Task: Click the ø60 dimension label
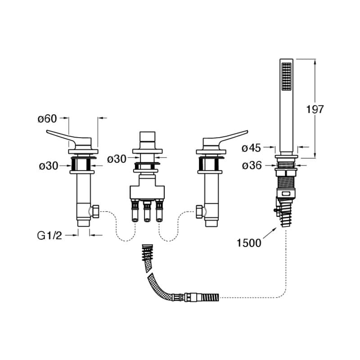(47, 119)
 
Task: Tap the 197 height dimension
(315, 109)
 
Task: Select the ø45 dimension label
(252, 148)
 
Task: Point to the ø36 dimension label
(252, 165)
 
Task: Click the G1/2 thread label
(49, 235)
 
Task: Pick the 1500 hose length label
(249, 243)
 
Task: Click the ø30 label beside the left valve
(49, 166)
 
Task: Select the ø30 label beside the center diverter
(117, 159)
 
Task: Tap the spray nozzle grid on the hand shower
(286, 76)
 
